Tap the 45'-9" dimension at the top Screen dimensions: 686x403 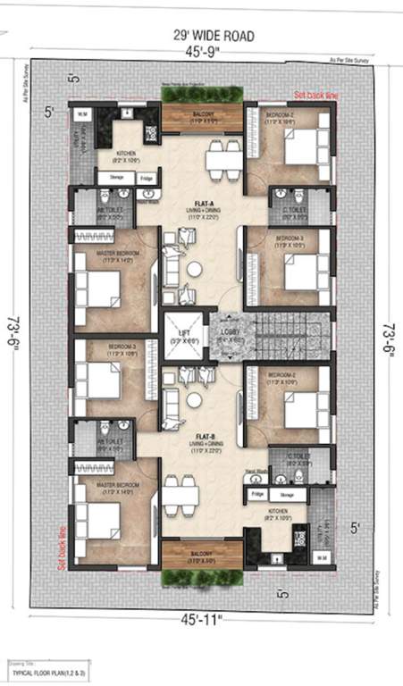tap(202, 53)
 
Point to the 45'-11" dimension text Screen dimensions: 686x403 tap(202, 618)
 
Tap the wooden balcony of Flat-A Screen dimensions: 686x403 tap(202, 118)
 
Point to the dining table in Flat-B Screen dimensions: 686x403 tap(181, 492)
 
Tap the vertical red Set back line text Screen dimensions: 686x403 tap(62, 547)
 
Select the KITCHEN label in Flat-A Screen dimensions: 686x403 tap(127, 154)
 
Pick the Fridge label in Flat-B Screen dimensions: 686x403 tap(257, 494)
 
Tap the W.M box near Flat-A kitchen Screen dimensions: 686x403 tap(80, 114)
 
